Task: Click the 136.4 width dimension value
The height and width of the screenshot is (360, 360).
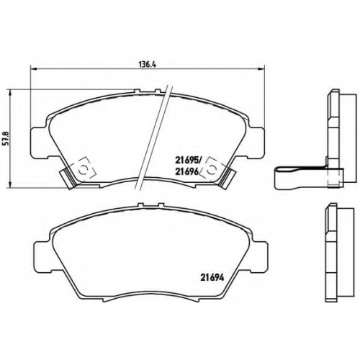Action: tap(148, 65)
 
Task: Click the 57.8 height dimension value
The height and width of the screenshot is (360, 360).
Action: tap(6, 138)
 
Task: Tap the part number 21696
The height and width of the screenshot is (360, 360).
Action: tap(186, 171)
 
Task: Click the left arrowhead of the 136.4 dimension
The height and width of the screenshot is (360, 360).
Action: tap(33, 69)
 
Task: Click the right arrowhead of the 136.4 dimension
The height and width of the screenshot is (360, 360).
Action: tap(261, 69)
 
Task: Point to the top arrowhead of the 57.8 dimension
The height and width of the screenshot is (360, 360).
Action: tap(10, 93)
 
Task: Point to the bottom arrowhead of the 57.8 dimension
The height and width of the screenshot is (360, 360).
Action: tap(10, 184)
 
